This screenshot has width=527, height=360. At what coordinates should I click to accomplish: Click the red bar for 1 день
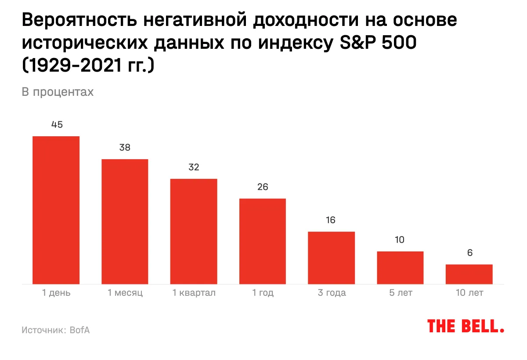point(56,210)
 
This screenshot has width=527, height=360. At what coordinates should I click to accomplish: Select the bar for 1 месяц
point(125,222)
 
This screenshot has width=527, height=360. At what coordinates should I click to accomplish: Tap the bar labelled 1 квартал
point(194,231)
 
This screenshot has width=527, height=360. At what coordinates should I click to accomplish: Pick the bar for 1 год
point(263,241)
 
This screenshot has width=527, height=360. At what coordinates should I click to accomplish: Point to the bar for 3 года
point(331,258)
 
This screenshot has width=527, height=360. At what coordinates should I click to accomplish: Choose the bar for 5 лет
point(400,268)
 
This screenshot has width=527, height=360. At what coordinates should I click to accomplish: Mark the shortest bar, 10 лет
point(469,274)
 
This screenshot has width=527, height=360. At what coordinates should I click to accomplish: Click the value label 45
point(57,125)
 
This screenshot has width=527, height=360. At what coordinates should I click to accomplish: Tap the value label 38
point(125,148)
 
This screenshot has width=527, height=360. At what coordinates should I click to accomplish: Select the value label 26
point(263,187)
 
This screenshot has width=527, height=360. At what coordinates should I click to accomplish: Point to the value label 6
point(469,253)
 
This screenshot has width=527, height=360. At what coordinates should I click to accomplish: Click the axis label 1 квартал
point(194,293)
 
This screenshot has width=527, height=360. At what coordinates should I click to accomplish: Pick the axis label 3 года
point(332,293)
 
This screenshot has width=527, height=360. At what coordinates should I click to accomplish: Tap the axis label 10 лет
point(469,293)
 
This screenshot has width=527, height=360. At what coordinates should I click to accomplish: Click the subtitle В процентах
point(58,92)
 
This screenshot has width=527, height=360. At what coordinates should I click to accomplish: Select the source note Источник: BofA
point(55,330)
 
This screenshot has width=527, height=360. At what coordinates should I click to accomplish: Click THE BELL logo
point(466,326)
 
